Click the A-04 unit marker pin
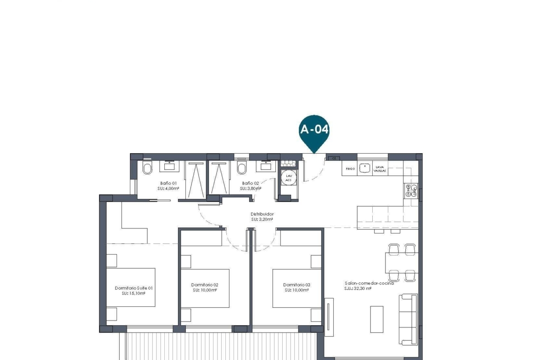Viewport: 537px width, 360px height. tap(314, 130)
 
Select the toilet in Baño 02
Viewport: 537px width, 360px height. tap(242, 168)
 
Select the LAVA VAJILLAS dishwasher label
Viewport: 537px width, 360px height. tap(380, 169)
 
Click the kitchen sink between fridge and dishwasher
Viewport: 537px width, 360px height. tap(364, 168)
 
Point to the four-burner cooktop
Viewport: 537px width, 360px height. tap(410, 190)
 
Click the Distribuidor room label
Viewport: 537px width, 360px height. tap(262, 214)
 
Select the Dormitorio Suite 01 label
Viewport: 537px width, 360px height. tap(134, 288)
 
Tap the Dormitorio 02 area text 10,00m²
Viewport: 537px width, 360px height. tap(205, 290)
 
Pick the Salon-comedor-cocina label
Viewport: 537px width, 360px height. tap(369, 283)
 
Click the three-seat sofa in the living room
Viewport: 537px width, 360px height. tap(408, 320)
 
